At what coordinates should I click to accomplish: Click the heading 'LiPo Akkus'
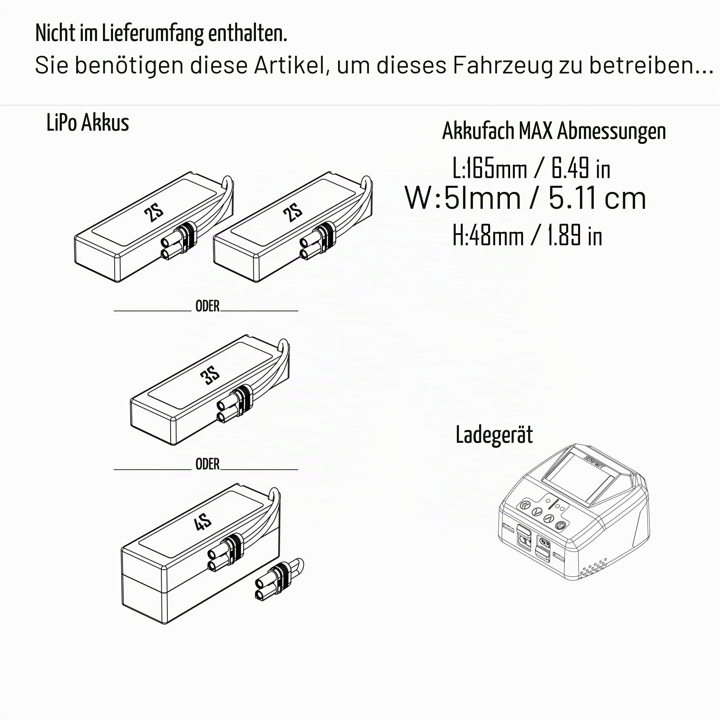click(87, 123)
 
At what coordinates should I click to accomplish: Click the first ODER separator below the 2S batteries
click(208, 306)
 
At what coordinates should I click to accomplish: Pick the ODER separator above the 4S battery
click(208, 464)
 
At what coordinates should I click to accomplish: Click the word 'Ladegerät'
click(494, 435)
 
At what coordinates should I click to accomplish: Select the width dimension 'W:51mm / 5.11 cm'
click(525, 199)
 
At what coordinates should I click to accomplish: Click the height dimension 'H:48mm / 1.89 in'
click(527, 235)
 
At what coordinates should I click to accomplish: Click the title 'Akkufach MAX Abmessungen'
click(554, 131)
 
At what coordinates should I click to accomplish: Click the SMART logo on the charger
click(594, 459)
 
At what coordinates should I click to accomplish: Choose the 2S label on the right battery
click(293, 213)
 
